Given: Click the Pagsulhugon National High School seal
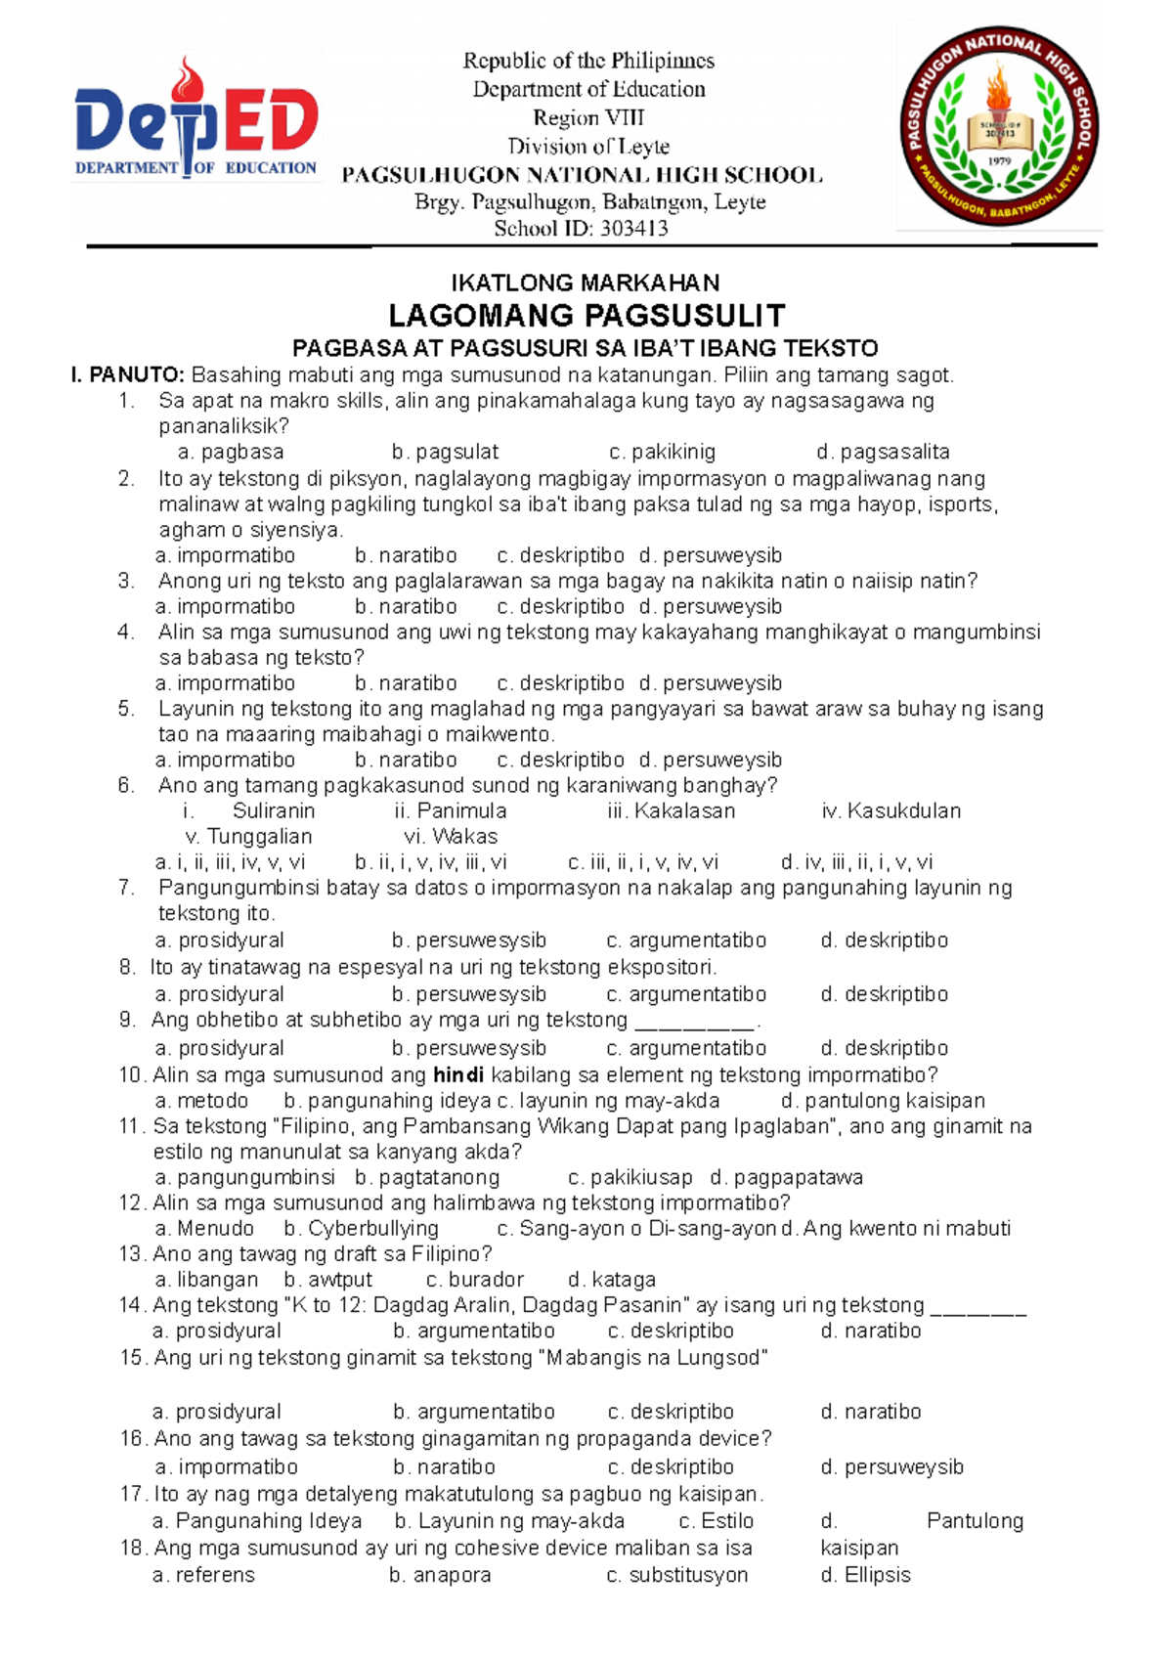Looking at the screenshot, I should (999, 127).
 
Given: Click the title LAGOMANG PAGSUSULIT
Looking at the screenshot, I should (586, 316).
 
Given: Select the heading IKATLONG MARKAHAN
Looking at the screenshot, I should (585, 284).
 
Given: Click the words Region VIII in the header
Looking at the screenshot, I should (588, 118).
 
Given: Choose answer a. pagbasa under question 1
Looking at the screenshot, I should (231, 453).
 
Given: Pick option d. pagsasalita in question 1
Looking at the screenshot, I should (883, 453).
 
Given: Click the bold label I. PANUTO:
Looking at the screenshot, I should (127, 375).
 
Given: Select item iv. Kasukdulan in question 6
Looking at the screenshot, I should (891, 811).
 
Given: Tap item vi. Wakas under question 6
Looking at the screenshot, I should (451, 837).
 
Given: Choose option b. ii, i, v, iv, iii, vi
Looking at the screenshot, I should (431, 862).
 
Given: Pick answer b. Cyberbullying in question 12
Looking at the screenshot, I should (361, 1229).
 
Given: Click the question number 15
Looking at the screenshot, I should (132, 1358).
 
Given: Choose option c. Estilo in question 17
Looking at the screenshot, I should (716, 1521).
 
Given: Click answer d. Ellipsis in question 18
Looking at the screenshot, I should (865, 1575).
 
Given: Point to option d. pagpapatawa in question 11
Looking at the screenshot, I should (786, 1178).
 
